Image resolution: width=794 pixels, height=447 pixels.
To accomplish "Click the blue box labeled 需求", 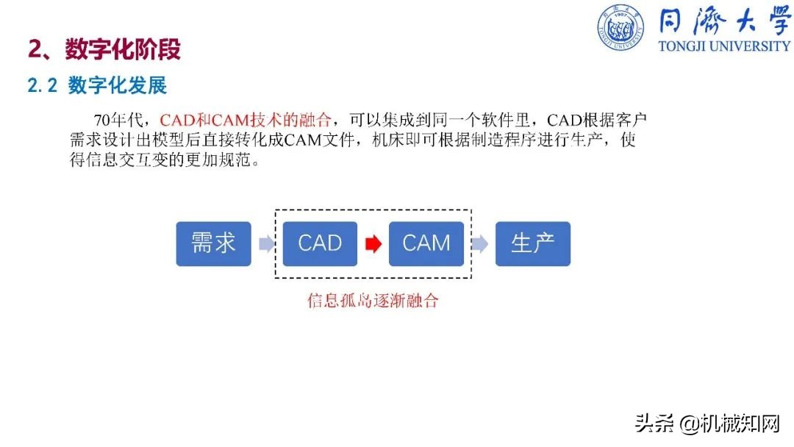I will click(x=213, y=244).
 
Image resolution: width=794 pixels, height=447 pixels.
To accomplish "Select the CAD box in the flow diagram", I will click(x=320, y=244).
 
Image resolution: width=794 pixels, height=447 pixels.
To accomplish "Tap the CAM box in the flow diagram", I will click(x=426, y=244).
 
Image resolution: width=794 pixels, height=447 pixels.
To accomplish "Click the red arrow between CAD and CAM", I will click(x=373, y=244).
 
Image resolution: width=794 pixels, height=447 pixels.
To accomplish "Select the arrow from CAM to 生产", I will click(x=479, y=244).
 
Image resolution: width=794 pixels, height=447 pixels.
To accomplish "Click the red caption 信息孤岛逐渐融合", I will click(x=373, y=301).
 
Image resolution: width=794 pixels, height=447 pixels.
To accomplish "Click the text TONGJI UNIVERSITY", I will click(x=724, y=46).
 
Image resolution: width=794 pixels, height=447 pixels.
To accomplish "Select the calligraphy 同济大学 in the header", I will click(x=724, y=21).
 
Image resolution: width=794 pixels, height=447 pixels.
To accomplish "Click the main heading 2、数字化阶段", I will click(x=104, y=49).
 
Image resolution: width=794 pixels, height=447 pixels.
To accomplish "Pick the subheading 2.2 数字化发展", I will click(x=97, y=85).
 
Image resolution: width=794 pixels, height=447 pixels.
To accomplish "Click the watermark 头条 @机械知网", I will click(x=707, y=423).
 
